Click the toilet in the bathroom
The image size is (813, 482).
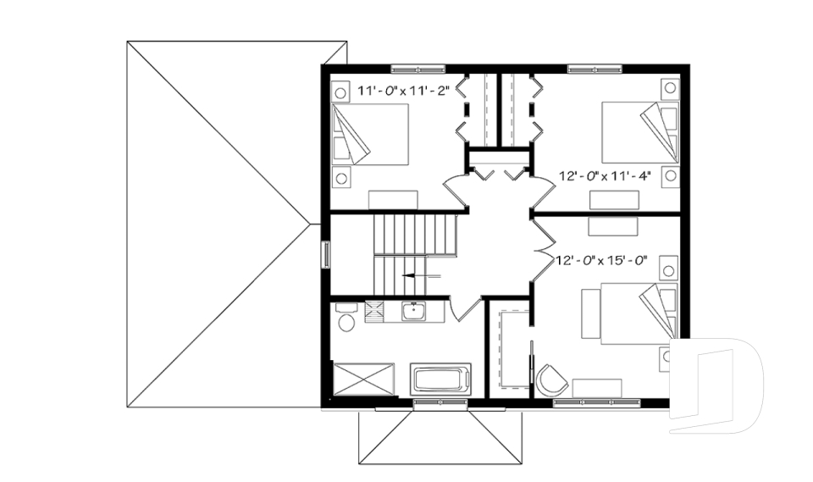coord(345,319)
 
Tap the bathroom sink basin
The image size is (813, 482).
coord(414,312)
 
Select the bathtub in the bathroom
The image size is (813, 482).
coord(440,378)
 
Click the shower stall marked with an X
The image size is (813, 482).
coord(364,378)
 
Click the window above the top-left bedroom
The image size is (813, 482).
coord(417,67)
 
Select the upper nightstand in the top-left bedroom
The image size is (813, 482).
coord(340,91)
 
